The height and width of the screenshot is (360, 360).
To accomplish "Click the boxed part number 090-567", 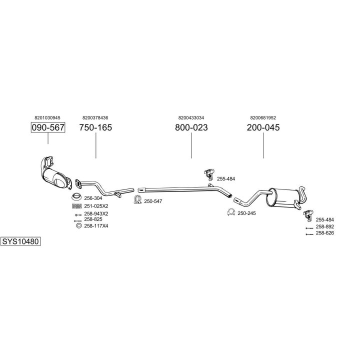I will (x=48, y=127).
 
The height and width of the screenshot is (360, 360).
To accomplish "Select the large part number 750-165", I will (x=95, y=127).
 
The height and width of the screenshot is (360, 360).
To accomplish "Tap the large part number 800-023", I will (x=191, y=127).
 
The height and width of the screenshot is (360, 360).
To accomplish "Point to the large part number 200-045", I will (x=263, y=127).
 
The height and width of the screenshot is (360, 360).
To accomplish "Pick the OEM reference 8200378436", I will (x=95, y=117).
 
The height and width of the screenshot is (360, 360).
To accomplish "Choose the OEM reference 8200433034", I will (x=191, y=117).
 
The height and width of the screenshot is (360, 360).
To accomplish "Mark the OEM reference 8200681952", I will (x=263, y=117).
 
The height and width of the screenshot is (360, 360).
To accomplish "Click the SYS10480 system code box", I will (x=20, y=241).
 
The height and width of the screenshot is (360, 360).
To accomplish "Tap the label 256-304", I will (x=93, y=198).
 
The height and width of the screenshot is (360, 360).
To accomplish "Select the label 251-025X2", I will (x=96, y=206).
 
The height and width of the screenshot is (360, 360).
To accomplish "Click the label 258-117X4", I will (x=96, y=226).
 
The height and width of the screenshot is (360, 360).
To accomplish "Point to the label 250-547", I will (x=153, y=201).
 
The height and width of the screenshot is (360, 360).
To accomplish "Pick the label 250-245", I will (x=246, y=213).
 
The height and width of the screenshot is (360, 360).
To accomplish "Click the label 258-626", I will (x=325, y=233).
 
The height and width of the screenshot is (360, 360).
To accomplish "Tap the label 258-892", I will (x=325, y=226).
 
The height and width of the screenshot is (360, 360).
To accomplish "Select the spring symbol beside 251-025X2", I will (x=77, y=206).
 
